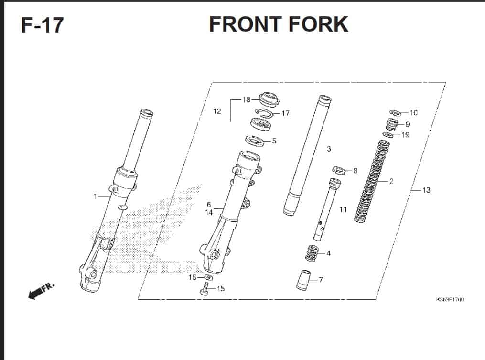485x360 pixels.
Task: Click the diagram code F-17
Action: [43, 25]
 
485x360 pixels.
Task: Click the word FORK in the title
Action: [318, 24]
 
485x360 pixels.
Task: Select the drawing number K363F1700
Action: [450, 299]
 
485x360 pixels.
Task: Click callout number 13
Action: [426, 190]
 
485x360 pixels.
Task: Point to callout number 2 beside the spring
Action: [391, 181]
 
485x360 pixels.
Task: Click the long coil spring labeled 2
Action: [371, 181]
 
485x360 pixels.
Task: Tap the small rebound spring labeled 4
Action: [312, 253]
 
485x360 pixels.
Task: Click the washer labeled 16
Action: [208, 276]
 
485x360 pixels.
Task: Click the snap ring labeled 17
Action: [264, 114]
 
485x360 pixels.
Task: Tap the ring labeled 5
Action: [255, 141]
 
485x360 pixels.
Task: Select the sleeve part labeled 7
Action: [303, 280]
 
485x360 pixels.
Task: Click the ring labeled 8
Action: [339, 170]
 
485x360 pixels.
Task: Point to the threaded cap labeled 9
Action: [392, 124]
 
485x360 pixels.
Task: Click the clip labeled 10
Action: [395, 113]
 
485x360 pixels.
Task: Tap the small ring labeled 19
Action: [388, 134]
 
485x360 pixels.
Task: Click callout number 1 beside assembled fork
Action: [95, 196]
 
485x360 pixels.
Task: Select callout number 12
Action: [217, 111]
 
